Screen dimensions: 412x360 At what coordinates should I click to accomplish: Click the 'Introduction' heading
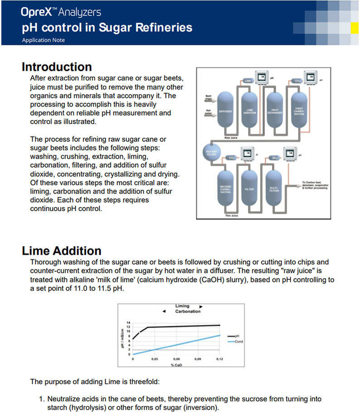[57, 67]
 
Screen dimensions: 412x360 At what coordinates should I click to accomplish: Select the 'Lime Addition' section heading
[62, 251]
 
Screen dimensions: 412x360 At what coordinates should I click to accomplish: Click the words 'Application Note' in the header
[44, 40]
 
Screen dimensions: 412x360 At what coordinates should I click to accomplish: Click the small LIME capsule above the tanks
[247, 81]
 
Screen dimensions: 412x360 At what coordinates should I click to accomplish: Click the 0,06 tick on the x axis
[176, 359]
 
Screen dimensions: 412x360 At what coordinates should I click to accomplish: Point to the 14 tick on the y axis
[128, 323]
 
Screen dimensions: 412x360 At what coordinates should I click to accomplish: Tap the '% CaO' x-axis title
[176, 364]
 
